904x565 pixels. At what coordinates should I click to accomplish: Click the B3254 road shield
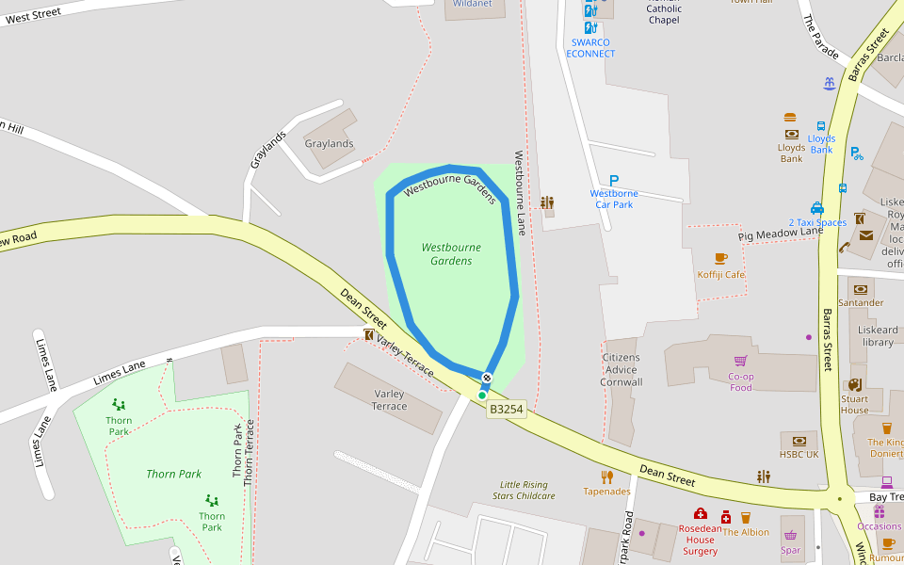[506, 410]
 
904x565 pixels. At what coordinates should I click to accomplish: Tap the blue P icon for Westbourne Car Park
[614, 181]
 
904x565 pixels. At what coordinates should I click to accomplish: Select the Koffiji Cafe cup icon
[721, 258]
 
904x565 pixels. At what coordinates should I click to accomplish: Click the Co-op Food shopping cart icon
[741, 361]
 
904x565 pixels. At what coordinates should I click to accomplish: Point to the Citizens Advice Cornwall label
[621, 370]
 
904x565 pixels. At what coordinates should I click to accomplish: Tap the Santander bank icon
[860, 289]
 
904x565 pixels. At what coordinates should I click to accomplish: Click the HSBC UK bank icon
[799, 440]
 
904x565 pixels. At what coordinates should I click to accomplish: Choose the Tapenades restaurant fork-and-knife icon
[607, 476]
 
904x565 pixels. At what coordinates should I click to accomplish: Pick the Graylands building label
[329, 144]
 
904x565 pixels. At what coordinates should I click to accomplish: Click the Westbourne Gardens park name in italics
[451, 253]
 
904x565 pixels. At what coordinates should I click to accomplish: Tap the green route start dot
[482, 395]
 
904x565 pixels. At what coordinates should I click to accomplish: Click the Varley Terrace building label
[389, 400]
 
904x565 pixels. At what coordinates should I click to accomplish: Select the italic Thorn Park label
[174, 474]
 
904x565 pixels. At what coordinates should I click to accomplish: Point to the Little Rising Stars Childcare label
[524, 490]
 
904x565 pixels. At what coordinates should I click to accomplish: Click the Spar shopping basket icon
[791, 535]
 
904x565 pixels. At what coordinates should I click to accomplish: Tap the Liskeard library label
[878, 336]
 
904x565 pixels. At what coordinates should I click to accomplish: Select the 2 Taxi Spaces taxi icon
[817, 208]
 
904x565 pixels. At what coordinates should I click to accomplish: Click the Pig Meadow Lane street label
[780, 232]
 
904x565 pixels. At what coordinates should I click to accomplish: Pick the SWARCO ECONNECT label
[590, 48]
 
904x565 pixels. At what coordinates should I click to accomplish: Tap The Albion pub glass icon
[746, 517]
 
